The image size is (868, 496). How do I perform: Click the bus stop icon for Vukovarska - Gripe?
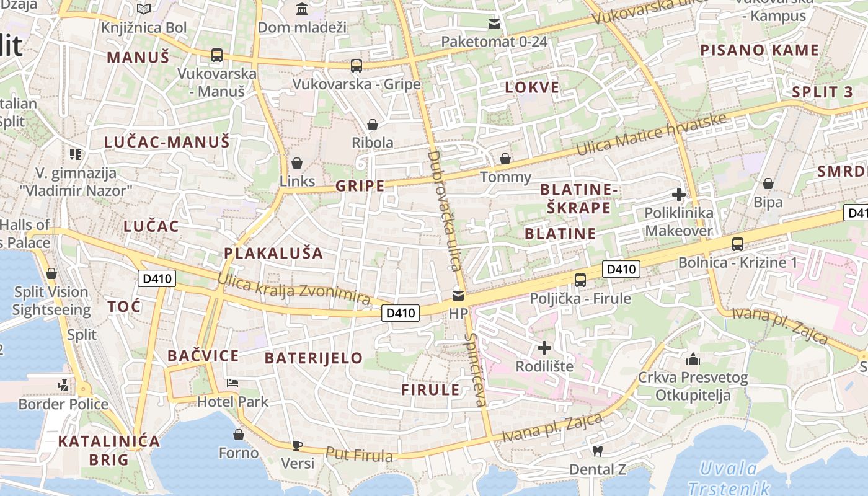point(356,65)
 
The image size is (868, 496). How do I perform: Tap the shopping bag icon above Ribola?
point(372,125)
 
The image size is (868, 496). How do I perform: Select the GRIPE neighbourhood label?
point(360,185)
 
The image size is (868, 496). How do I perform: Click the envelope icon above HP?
point(458,295)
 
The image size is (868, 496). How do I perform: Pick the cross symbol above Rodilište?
point(544,348)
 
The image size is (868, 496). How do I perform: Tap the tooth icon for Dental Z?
point(598,451)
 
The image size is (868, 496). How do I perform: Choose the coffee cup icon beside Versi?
point(298,445)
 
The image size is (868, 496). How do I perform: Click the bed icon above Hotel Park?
point(232,383)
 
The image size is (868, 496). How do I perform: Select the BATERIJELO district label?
point(314,358)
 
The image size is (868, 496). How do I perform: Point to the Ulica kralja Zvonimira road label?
point(294,289)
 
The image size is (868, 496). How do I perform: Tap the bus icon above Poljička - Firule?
point(580,280)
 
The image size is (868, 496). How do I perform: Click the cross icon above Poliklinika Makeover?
point(678,195)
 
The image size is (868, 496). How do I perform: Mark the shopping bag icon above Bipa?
point(768,184)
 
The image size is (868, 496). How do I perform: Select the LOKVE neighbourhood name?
point(532,87)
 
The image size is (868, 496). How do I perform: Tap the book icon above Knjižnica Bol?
point(144,9)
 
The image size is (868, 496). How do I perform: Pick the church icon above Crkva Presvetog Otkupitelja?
point(693,359)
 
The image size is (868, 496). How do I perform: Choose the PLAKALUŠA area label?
point(273,253)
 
